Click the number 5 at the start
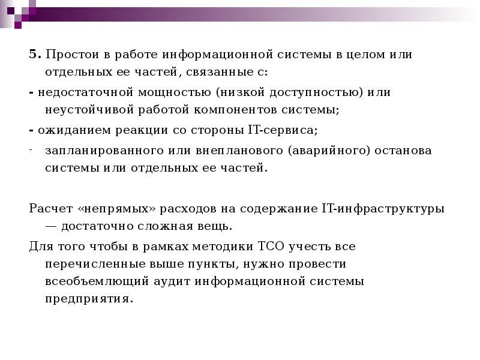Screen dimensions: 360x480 coord(32,55)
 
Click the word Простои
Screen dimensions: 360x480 coord(65,55)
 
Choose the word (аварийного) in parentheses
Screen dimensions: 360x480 coord(324,150)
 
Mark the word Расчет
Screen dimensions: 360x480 coord(50,208)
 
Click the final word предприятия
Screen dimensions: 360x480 coord(88,298)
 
